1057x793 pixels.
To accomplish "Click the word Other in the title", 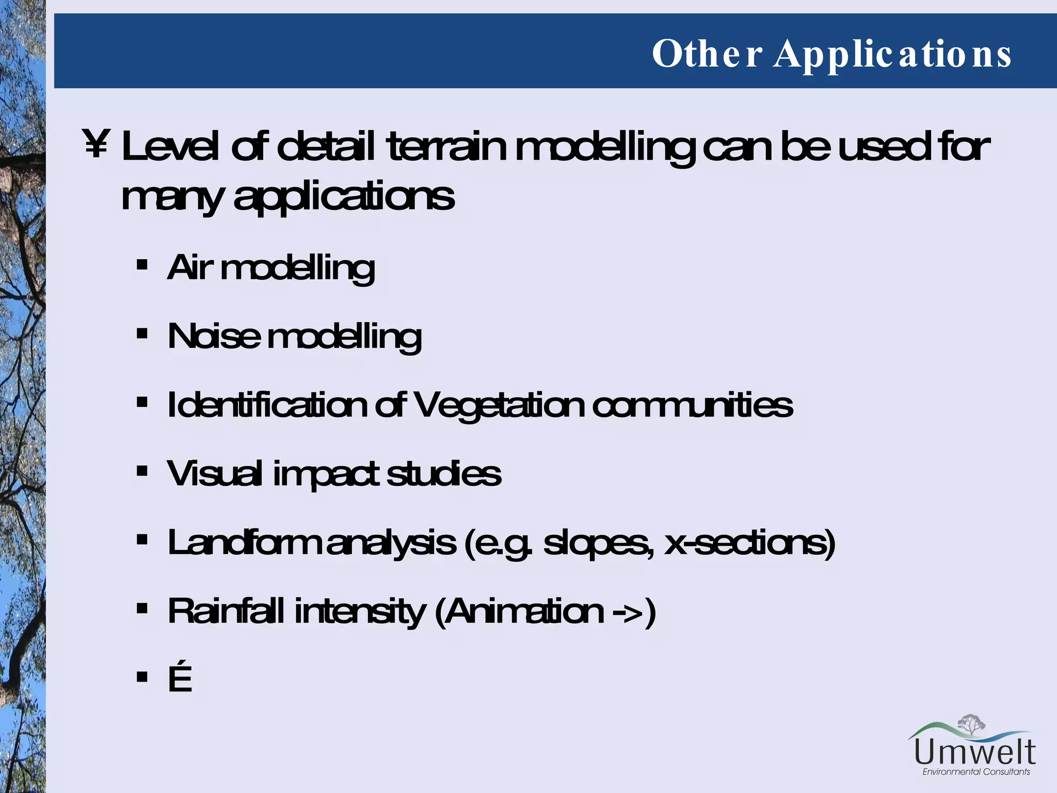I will point(707,53).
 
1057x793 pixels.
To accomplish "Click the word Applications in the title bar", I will point(892,54).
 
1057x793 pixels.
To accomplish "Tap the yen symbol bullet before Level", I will point(96,144).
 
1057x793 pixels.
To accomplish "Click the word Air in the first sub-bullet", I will point(190,267).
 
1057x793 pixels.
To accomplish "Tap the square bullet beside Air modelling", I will point(142,266).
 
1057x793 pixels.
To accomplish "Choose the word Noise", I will point(214,336).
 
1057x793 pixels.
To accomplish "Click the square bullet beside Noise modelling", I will point(142,334).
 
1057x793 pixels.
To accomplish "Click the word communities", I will point(692,405).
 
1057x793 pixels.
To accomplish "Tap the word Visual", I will point(214,473).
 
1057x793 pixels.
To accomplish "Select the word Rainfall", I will point(226,611).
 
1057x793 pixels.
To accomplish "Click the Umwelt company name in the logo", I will point(975,752).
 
